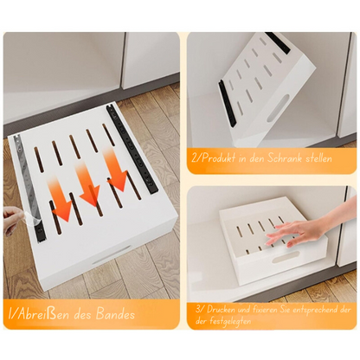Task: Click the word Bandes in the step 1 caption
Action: pyautogui.click(x=112, y=313)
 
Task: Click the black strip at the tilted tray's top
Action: pyautogui.click(x=279, y=41)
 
